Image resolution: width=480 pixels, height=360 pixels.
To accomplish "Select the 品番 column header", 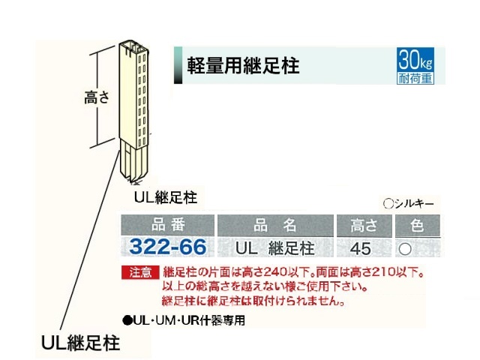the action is pos(167,224).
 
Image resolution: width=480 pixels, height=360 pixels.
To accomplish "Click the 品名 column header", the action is pos(275,224).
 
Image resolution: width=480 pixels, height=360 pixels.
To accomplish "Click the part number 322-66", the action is pos(167,246).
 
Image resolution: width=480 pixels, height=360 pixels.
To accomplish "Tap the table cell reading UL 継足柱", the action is pos(275,247).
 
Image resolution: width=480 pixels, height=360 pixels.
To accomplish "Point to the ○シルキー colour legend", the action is pos(409,202).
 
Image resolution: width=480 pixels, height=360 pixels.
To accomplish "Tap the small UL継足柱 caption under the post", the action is pos(166,198).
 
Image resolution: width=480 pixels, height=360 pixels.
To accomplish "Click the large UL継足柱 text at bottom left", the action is pos(81,341).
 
